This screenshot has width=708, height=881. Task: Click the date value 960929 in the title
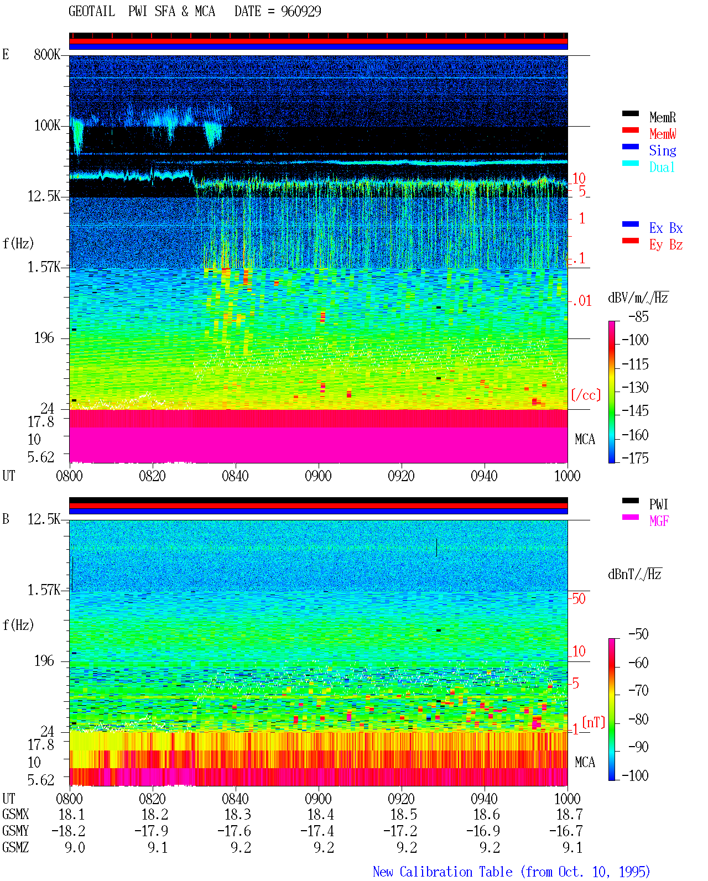tap(300, 11)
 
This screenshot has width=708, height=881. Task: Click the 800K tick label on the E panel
tap(47, 54)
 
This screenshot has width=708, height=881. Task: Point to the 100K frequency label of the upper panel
tap(47, 126)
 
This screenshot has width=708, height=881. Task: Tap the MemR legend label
tap(662, 117)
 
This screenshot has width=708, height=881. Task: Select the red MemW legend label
tap(662, 134)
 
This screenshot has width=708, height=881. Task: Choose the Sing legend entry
tap(662, 150)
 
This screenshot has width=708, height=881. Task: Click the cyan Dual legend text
tap(662, 167)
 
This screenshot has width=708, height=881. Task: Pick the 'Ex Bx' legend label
tap(665, 228)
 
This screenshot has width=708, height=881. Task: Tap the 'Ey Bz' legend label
tap(665, 245)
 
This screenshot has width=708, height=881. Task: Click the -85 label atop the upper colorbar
tap(638, 316)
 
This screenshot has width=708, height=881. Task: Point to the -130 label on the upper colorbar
tap(635, 387)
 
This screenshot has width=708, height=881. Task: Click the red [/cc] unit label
tap(586, 395)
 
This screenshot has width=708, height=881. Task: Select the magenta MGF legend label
tap(659, 521)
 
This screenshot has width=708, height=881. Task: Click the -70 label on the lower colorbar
tap(638, 691)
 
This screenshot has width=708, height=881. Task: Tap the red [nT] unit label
tap(594, 722)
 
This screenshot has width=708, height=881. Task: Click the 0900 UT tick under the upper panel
tap(318, 476)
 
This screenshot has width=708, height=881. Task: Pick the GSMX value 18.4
tap(321, 815)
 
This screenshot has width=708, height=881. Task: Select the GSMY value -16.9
tap(483, 831)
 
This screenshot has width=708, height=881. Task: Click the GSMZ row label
tap(15, 847)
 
